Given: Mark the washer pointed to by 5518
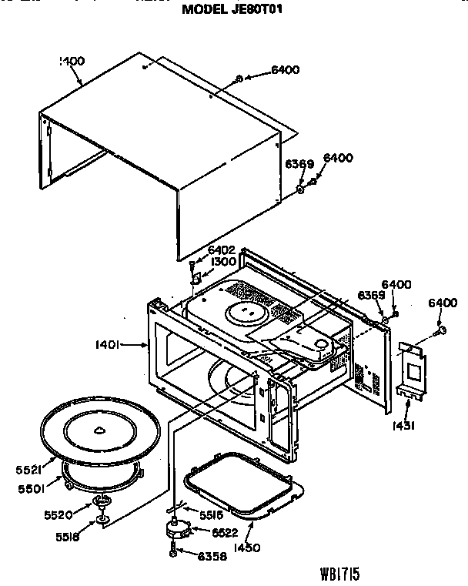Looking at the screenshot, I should [x=101, y=524].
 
